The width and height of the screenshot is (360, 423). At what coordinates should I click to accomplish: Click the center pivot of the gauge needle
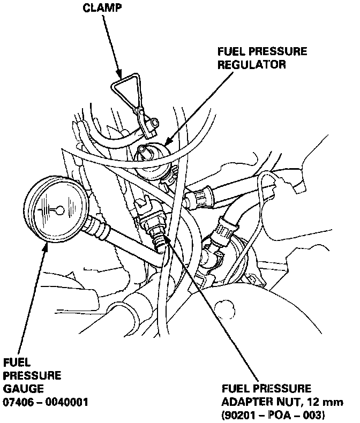pos(59,209)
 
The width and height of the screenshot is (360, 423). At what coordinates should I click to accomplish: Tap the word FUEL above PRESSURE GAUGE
pos(17,362)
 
